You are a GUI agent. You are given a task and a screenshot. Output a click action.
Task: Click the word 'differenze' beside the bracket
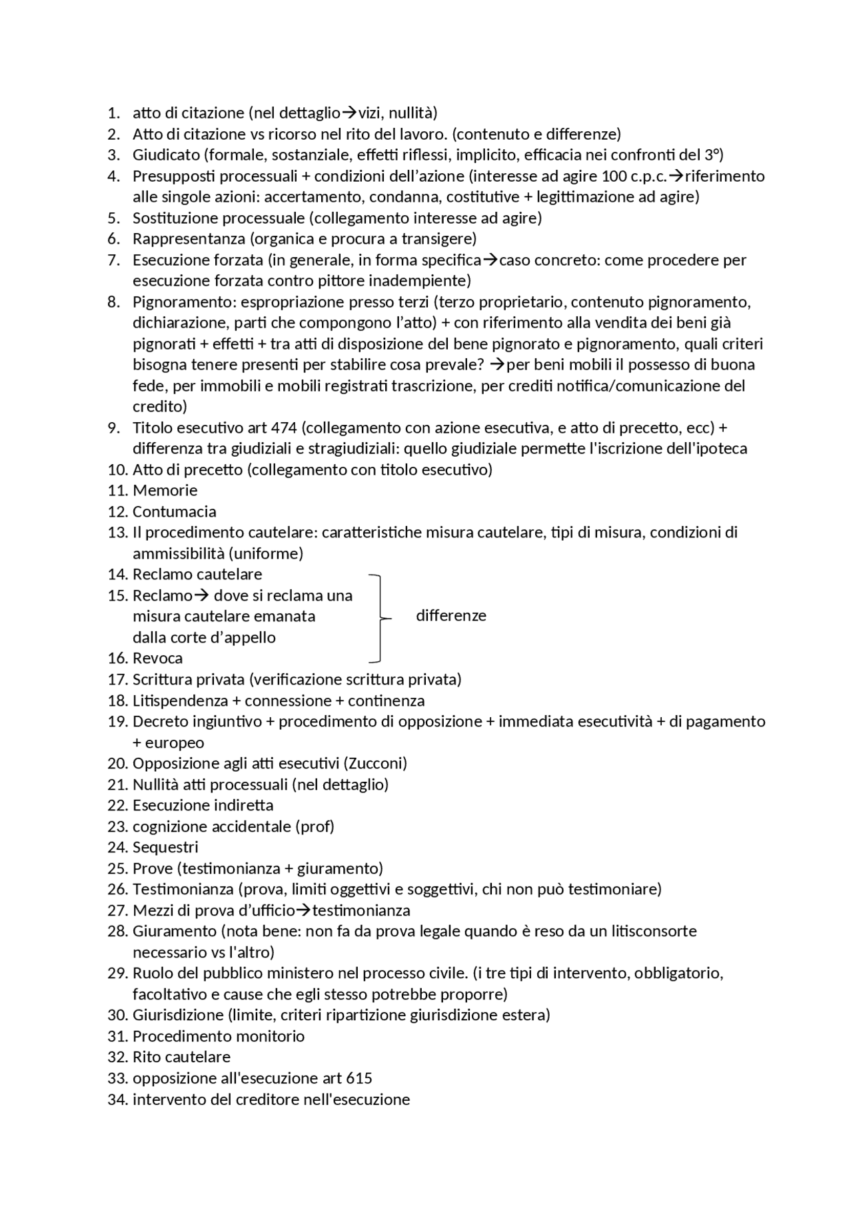pos(450,616)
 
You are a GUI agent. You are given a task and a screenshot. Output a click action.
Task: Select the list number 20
pos(117,763)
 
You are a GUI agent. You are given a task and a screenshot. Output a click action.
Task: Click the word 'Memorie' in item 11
pos(165,491)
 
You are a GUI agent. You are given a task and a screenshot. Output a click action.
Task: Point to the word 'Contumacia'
pos(174,512)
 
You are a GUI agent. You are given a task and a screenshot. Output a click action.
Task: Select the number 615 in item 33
pos(359,1078)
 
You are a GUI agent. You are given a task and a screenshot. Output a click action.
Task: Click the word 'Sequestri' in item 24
pos(165,848)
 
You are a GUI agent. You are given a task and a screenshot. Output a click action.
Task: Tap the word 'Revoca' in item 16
pos(157,659)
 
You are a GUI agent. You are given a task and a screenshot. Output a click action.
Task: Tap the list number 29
pos(117,974)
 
